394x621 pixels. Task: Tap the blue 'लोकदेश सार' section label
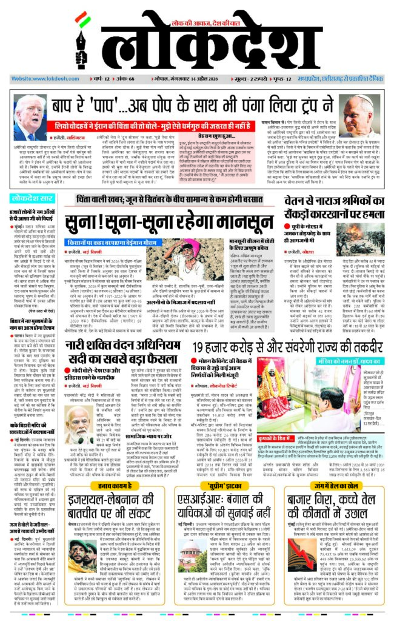[x=32, y=198]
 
